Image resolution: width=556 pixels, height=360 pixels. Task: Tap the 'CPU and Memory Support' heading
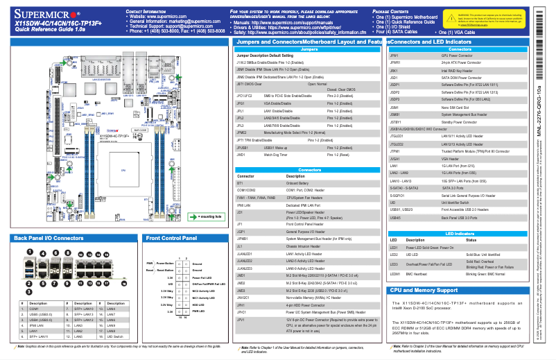[424, 289]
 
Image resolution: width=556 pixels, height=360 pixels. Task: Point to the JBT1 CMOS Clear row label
[249, 83]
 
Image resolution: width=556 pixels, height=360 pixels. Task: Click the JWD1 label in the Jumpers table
[241, 155]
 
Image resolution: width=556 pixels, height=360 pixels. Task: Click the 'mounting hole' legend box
[207, 216]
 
